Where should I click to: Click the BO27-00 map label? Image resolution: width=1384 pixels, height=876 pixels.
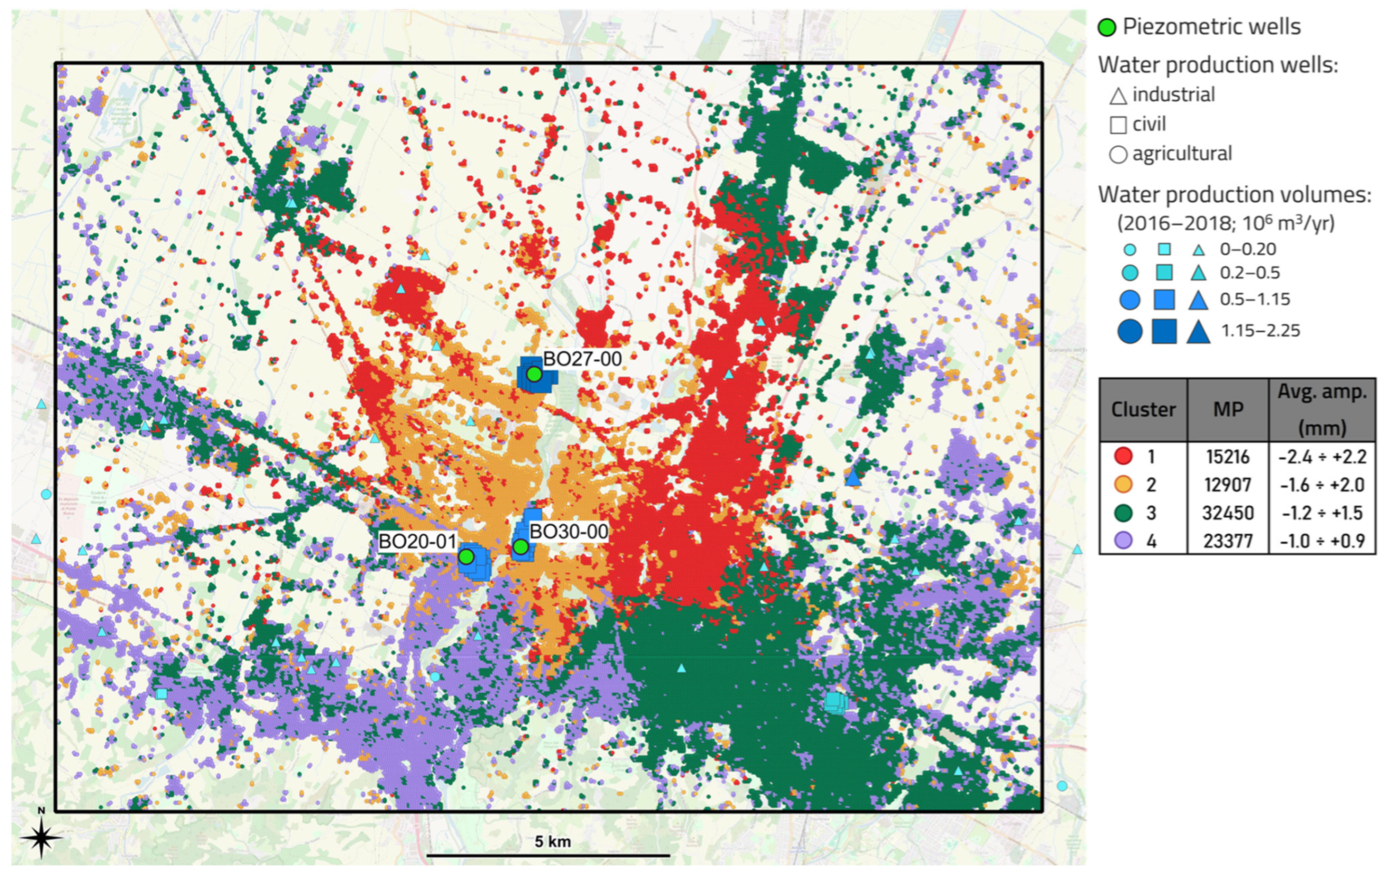coord(582,359)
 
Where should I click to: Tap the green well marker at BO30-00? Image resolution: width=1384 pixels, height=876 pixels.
coord(520,546)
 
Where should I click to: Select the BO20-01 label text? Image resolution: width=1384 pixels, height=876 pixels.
coord(417,541)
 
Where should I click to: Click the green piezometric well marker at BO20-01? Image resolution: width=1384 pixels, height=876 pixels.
coord(466,556)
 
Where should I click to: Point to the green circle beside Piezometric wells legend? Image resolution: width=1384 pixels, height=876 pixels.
coord(1107,27)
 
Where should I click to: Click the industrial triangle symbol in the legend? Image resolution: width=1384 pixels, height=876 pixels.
coord(1118,95)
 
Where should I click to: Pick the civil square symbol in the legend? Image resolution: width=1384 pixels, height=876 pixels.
coord(1118,125)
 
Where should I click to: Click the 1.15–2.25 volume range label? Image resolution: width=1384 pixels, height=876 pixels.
coord(1260,331)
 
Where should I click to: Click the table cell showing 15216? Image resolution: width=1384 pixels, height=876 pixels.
coord(1228,456)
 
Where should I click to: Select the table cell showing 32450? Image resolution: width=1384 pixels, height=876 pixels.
coord(1228,513)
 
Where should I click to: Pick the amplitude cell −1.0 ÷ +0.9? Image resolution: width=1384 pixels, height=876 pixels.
coord(1322,541)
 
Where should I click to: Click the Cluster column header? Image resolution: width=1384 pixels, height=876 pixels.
coord(1143,410)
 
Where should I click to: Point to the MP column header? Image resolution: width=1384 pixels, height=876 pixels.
coord(1228,410)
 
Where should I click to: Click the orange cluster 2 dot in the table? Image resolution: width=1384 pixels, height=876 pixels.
coord(1123,484)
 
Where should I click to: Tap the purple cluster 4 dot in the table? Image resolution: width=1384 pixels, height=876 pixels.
coord(1123,541)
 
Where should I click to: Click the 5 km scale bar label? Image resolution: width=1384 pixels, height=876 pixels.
coord(552,842)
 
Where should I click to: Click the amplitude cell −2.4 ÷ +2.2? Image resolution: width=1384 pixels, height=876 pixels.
coord(1322,456)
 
